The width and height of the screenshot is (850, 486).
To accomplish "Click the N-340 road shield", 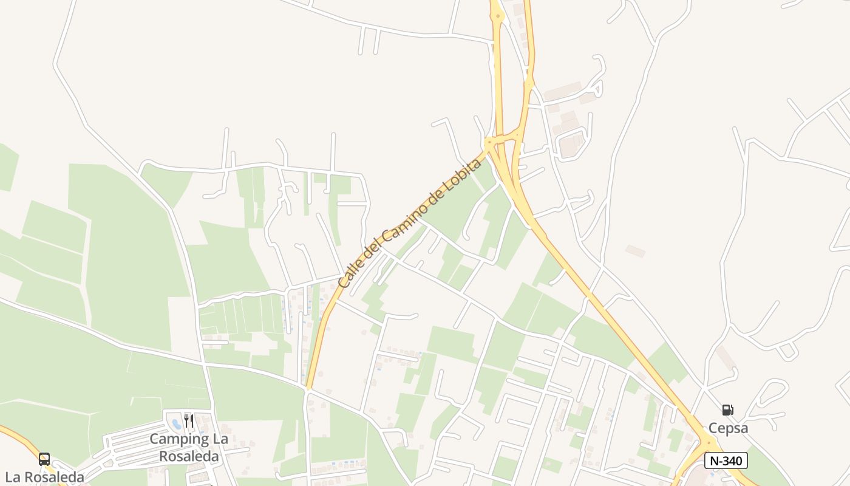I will (x=726, y=460).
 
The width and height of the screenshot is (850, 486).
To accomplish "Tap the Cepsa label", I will (x=728, y=428).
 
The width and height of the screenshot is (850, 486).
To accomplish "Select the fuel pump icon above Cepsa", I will (x=727, y=410).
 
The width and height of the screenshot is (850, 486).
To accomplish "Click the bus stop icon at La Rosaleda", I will (x=44, y=459).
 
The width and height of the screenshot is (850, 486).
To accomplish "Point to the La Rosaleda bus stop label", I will (x=44, y=477).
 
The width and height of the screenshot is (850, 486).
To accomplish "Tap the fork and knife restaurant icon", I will (x=189, y=421).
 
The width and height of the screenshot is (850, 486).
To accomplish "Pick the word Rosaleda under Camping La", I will (x=186, y=455).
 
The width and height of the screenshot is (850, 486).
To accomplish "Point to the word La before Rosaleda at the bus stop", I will (x=13, y=477).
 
